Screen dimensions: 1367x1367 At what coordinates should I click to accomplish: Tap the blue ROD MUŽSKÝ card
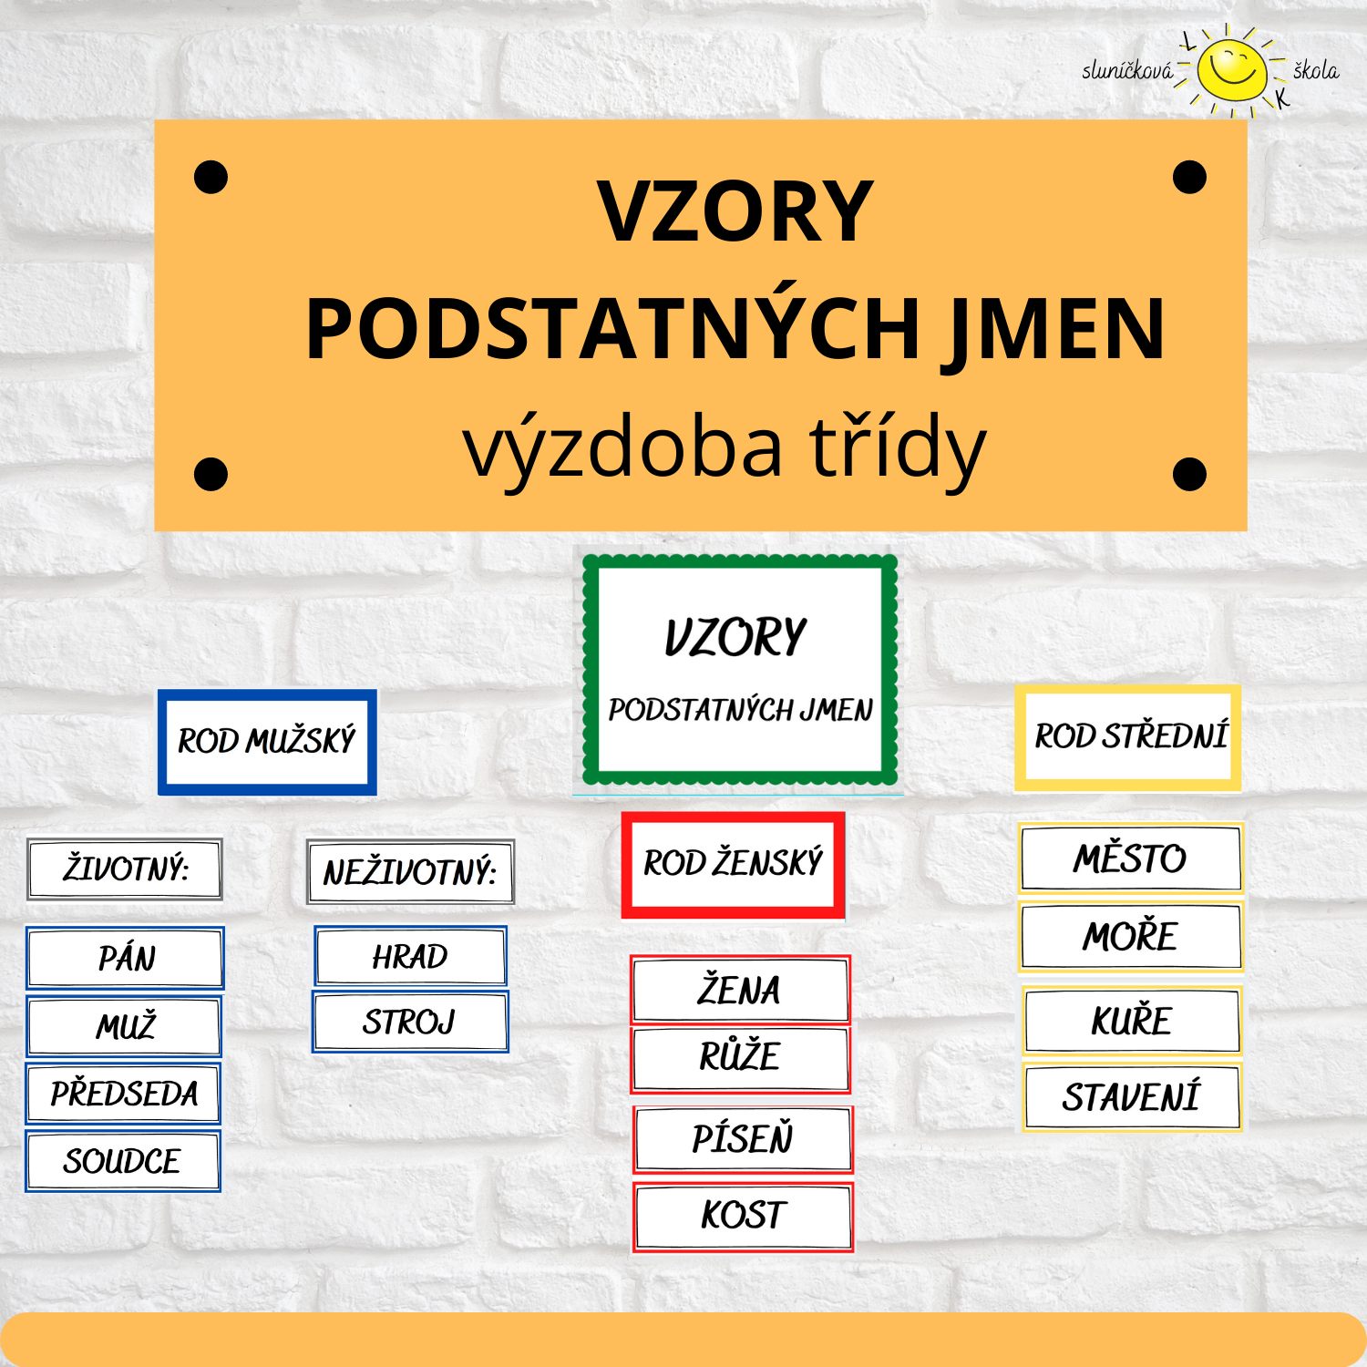(x=267, y=742)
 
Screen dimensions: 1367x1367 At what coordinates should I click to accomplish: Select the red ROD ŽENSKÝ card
(x=734, y=864)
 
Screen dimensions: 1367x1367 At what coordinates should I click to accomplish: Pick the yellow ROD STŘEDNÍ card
(x=1128, y=737)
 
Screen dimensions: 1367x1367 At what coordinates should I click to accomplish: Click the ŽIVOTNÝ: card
(x=125, y=869)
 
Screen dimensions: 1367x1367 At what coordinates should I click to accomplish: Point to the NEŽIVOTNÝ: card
(x=410, y=872)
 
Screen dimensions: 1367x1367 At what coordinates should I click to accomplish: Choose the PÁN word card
(x=125, y=958)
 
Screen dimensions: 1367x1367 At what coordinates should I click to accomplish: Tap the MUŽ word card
(x=124, y=1026)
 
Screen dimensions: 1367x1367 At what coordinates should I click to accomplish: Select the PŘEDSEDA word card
(x=123, y=1094)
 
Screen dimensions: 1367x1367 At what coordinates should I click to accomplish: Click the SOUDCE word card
(x=123, y=1161)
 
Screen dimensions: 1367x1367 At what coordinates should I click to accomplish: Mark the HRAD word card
(x=410, y=957)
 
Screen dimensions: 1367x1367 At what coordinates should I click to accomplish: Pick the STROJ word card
(x=410, y=1023)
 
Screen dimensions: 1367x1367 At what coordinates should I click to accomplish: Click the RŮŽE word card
(x=740, y=1057)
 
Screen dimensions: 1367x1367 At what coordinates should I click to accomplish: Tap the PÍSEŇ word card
(x=743, y=1139)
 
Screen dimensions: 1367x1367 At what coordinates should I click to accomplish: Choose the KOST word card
(x=743, y=1216)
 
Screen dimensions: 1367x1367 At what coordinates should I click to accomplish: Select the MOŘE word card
(x=1130, y=937)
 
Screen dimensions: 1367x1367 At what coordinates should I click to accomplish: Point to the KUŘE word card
(x=1131, y=1021)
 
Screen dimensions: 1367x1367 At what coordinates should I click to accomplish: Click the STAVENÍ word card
(x=1131, y=1097)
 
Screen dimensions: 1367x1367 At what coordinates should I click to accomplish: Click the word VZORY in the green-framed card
(x=736, y=637)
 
